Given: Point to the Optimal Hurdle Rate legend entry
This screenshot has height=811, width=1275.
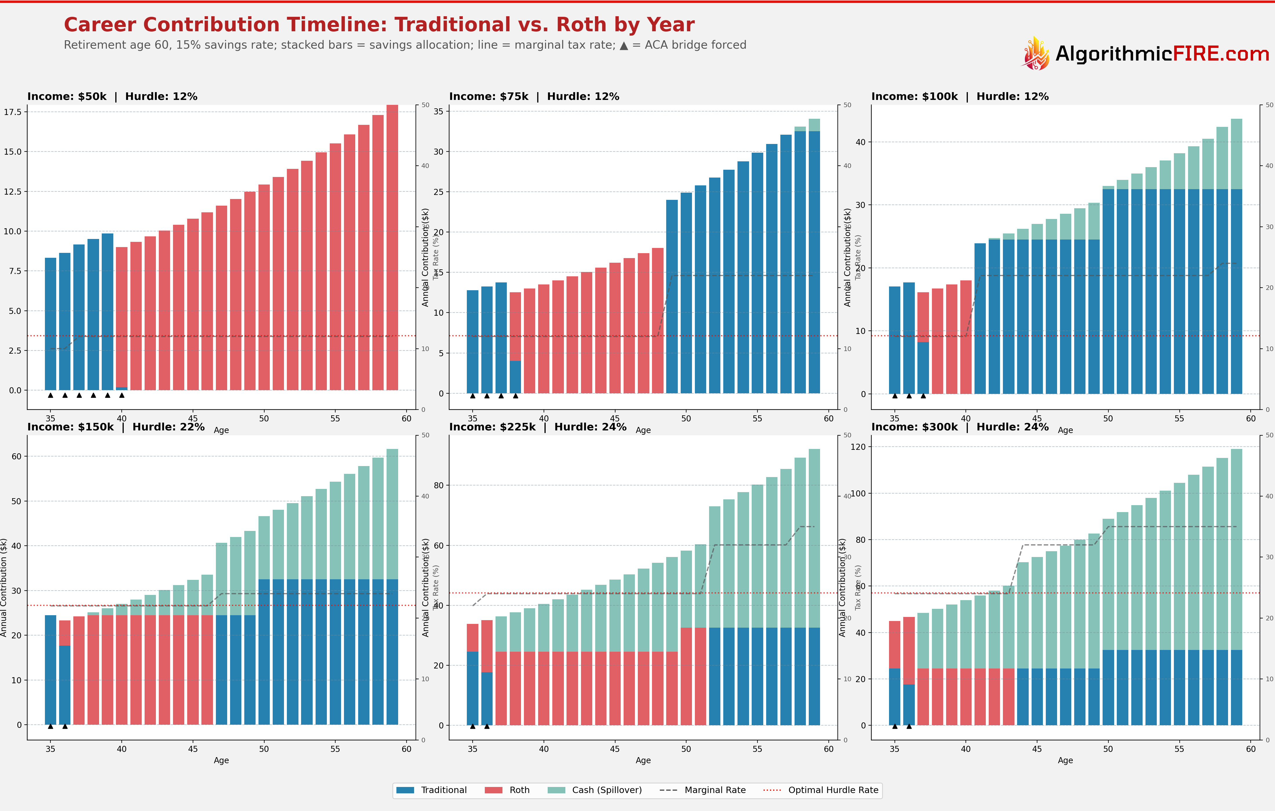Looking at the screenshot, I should point(821,790).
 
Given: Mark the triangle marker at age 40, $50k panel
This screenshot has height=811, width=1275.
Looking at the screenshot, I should point(122,395).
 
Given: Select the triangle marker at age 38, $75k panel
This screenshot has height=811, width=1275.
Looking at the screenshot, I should point(515,395).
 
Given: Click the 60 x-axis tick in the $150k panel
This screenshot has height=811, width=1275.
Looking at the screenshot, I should point(406,748).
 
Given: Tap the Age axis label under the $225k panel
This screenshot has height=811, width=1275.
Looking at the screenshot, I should point(643,760).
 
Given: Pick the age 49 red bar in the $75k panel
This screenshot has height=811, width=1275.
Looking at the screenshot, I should point(657,320).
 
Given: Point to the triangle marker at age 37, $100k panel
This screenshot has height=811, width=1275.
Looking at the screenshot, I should point(923,395).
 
